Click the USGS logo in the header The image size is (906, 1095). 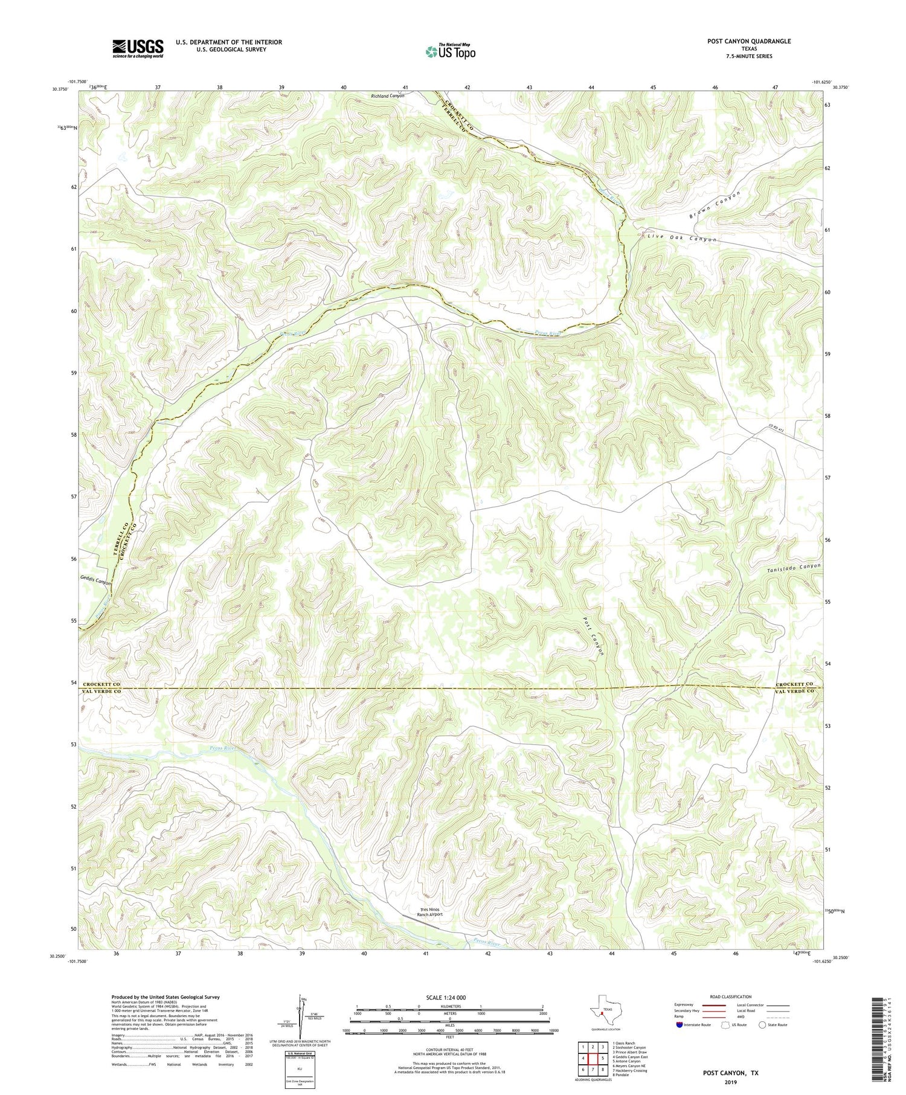pyautogui.click(x=138, y=48)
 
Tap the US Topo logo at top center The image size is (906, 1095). pyautogui.click(x=450, y=51)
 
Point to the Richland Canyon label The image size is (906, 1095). pyautogui.click(x=388, y=95)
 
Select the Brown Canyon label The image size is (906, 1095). pyautogui.click(x=715, y=205)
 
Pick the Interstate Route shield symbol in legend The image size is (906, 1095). pyautogui.click(x=681, y=1024)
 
